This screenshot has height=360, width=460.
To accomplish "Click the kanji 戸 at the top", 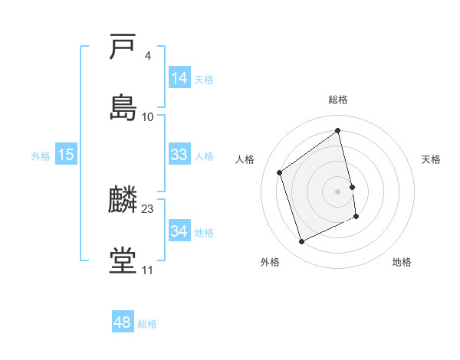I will point(123,48).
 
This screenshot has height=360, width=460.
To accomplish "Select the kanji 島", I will point(123,107).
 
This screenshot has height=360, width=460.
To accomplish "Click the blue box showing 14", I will point(179,78).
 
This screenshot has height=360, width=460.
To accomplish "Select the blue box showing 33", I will point(179,155).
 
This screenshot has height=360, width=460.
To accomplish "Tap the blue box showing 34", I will point(179,231).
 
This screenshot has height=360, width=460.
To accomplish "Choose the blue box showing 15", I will point(66,155).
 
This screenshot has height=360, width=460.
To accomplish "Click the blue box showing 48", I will point(123,322).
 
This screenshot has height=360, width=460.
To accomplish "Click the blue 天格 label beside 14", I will point(204,79).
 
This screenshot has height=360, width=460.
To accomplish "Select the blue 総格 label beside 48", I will point(147,324).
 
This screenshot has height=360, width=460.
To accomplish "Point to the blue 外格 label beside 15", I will point(41,155).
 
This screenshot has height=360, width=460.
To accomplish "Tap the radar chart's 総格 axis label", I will point(338,100).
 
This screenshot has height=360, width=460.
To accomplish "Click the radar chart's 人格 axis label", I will point(245,159).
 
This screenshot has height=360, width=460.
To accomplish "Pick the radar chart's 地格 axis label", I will point(402,262).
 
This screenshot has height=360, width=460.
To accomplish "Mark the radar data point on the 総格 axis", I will point(338,131).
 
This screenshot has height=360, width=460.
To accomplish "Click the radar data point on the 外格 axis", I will point(301,242).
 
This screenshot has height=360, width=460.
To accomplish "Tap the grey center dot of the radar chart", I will point(338,191).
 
